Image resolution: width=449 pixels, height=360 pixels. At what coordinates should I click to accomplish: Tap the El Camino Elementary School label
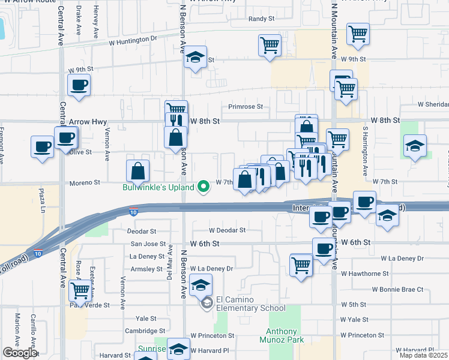250,304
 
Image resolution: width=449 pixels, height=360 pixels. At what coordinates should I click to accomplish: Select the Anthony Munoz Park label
282,335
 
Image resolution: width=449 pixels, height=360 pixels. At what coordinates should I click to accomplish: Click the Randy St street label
261,19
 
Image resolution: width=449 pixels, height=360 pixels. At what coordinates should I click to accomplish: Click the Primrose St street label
246,107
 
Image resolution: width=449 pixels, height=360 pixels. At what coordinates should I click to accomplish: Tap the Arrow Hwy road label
88,121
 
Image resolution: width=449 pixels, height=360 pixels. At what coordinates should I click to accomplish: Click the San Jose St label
148,244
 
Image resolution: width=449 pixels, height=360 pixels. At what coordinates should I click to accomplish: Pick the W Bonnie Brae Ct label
397,289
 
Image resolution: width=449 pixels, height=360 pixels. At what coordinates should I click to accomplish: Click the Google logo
20,352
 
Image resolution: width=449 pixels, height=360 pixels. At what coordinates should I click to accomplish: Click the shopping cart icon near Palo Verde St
79,291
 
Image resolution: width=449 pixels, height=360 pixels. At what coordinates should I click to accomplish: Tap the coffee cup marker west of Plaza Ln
43,147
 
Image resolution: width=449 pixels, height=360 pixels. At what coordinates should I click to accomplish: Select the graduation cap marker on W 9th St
196,57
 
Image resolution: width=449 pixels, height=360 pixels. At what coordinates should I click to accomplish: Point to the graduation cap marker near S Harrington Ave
415,146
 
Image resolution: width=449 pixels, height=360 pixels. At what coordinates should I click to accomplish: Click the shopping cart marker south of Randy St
270,44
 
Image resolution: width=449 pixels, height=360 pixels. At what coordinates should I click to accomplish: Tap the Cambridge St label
145,331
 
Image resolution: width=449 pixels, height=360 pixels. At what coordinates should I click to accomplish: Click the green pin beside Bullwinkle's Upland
203,187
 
